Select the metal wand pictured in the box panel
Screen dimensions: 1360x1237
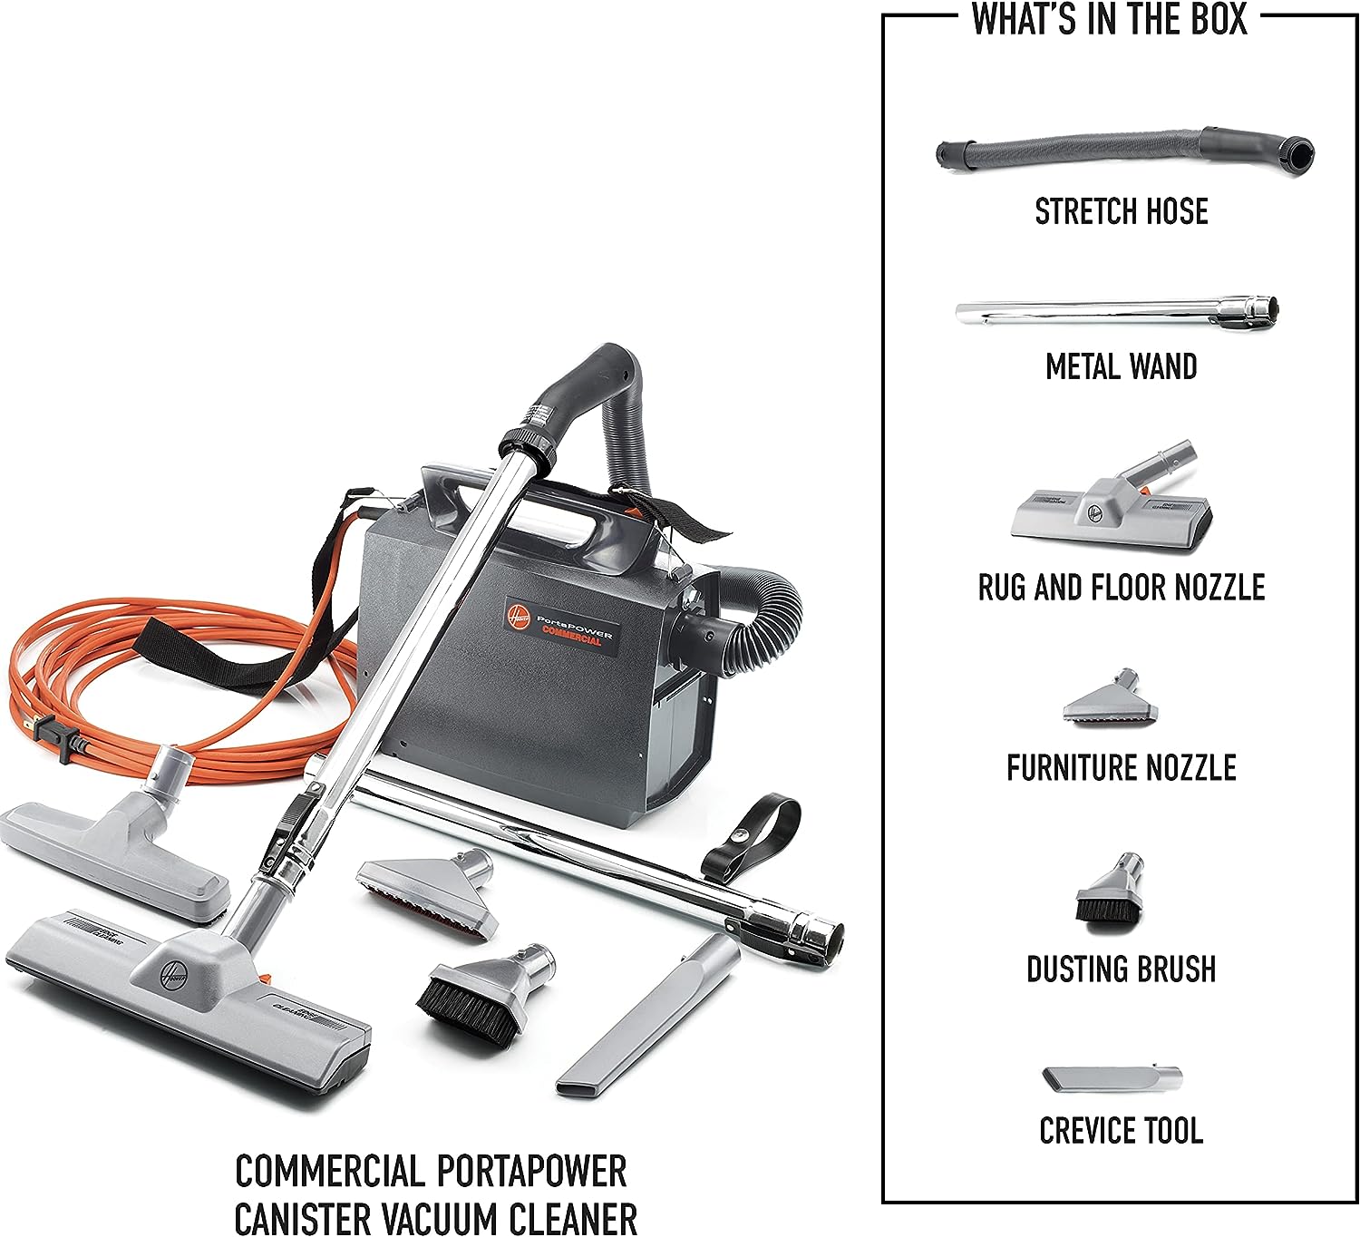1117,313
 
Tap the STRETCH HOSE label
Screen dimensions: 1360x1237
1122,211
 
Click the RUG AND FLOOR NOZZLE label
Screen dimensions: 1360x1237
1122,588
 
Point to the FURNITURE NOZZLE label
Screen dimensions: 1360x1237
1122,768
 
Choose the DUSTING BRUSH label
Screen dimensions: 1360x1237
1122,969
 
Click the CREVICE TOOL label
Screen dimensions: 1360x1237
1122,1131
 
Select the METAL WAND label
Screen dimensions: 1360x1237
1122,367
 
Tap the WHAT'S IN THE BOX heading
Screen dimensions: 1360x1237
1109,19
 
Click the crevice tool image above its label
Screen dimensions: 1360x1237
1112,1078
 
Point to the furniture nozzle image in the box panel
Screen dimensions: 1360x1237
1110,697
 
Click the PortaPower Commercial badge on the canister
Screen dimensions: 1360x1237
560,625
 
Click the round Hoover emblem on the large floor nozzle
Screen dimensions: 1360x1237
172,975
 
